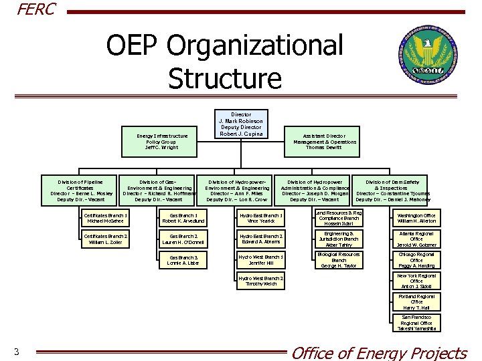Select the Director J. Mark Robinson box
click(x=241, y=124)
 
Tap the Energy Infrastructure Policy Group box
click(x=162, y=141)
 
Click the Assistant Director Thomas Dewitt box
click(x=325, y=141)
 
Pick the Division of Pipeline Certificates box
click(x=80, y=191)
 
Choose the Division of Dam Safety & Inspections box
click(x=393, y=191)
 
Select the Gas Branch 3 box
click(x=183, y=261)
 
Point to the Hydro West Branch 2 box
click(x=261, y=280)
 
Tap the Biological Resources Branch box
click(x=339, y=260)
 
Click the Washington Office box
click(x=416, y=218)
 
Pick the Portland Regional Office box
click(x=416, y=302)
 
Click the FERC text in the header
click(x=37, y=9)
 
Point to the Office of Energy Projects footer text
click(x=379, y=352)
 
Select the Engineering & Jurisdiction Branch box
click(x=339, y=239)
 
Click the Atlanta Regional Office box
click(x=416, y=239)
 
